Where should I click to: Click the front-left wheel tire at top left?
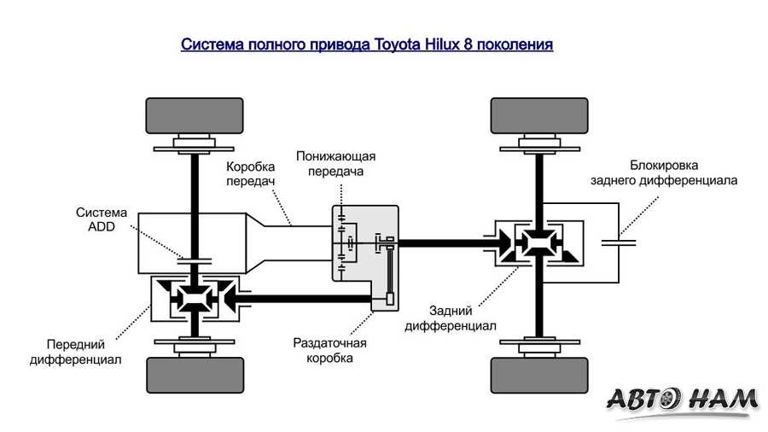pyautogui.click(x=194, y=116)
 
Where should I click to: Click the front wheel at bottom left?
pyautogui.click(x=194, y=373)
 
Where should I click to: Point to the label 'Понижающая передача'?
pyautogui.click(x=335, y=163)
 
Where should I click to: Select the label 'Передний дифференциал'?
pyautogui.click(x=75, y=352)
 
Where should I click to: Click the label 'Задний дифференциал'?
pyautogui.click(x=439, y=318)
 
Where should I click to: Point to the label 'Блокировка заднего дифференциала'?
pyautogui.click(x=665, y=172)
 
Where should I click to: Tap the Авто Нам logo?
pyautogui.click(x=683, y=399)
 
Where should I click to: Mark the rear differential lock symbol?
pyautogui.click(x=618, y=242)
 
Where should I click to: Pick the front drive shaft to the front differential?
pyautogui.click(x=307, y=299)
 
